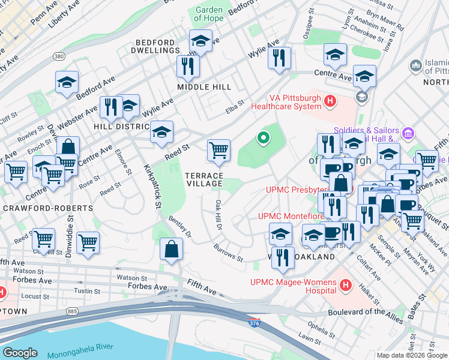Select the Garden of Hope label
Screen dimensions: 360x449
(x=209, y=14)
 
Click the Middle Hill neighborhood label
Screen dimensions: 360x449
(x=204, y=87)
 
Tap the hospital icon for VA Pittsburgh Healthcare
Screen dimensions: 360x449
(x=329, y=101)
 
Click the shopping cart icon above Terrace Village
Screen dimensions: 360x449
(x=218, y=150)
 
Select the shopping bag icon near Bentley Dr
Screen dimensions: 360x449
(x=172, y=249)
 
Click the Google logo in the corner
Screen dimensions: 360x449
(x=20, y=353)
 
